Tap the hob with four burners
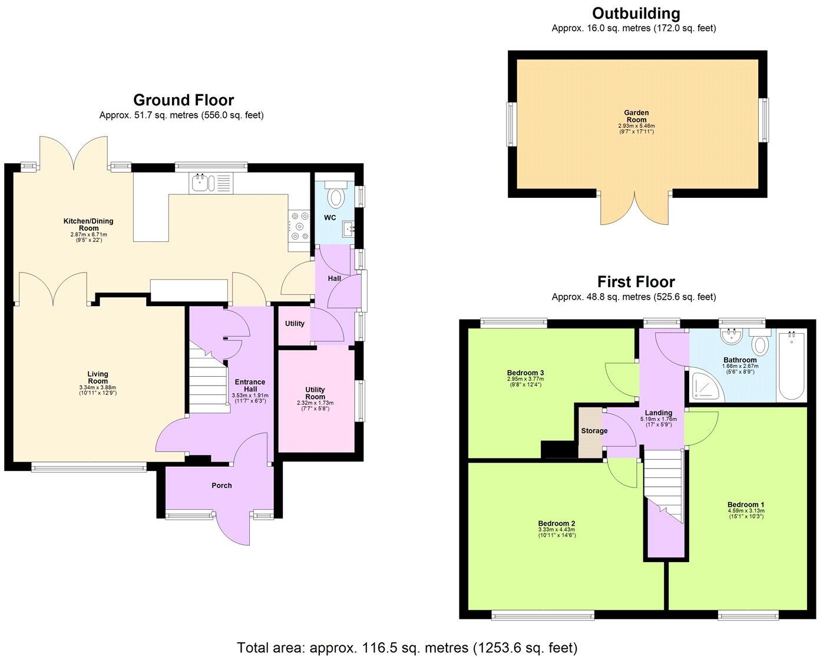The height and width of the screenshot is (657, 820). pos(299,226)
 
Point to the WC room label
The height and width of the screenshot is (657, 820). pos(330,218)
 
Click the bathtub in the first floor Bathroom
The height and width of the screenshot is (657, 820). pos(792,366)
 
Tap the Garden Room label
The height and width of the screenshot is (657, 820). pos(636,116)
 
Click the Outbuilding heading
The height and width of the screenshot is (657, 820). pos(636,14)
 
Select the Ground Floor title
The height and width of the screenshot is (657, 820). pos(183,100)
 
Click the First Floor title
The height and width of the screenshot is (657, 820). pos(636,281)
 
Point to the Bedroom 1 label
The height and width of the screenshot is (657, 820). pos(745,505)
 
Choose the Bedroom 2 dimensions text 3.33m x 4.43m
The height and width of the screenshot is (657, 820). pos(556,530)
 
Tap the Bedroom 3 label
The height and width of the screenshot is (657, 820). pos(525,373)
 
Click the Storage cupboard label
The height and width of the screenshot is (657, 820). pos(594,431)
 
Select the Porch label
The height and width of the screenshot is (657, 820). pos(221,486)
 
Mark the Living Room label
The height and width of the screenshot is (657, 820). pos(98,377)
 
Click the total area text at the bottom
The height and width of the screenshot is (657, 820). pos(407,648)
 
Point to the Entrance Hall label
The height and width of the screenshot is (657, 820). pos(250,385)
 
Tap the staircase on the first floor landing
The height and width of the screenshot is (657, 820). pos(663,483)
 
